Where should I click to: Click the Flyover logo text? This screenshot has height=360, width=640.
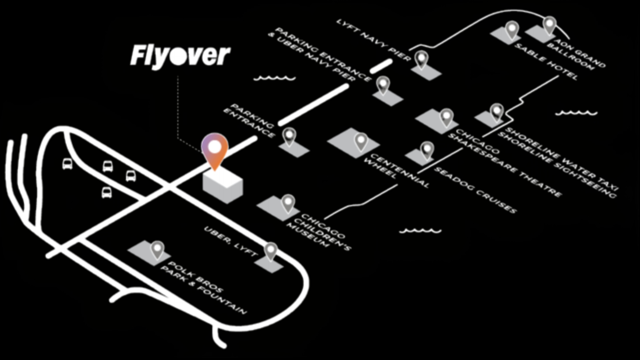[x=180, y=56]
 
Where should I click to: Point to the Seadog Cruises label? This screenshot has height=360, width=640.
[x=475, y=190]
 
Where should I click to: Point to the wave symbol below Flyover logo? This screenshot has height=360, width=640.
[x=274, y=79]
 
